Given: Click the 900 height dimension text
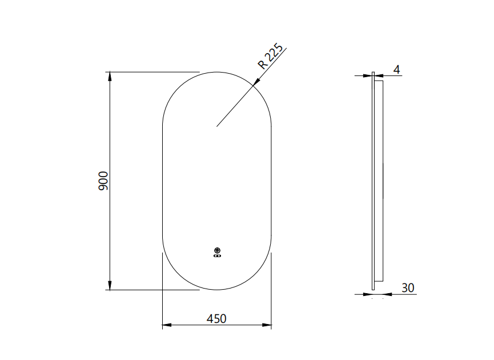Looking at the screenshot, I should [x=103, y=181].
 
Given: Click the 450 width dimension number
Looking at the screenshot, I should [x=216, y=318].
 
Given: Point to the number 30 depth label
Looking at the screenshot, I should [x=408, y=287].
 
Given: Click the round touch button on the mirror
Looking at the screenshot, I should [x=217, y=250].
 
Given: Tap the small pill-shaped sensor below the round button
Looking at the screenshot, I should [x=217, y=256].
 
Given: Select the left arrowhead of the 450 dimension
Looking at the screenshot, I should [x=166, y=326].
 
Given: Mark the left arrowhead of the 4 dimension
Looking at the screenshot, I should [x=368, y=75].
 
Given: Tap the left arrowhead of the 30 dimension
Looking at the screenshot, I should [x=368, y=294].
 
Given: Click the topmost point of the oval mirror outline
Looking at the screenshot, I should [x=217, y=72].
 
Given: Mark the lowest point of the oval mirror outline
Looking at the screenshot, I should [x=217, y=290].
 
